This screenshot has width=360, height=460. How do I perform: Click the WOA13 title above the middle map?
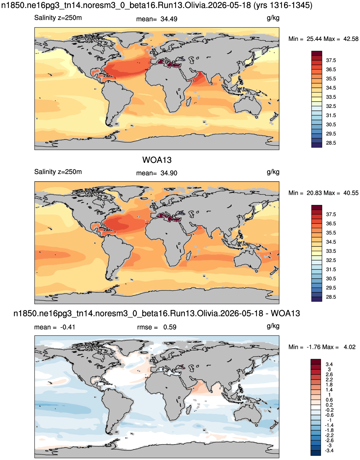(157, 160)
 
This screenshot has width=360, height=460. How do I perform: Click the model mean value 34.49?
(169, 19)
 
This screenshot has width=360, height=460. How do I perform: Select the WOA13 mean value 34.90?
(169, 173)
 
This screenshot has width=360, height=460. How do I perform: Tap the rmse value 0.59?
(170, 327)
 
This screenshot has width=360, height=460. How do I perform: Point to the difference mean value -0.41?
(67, 327)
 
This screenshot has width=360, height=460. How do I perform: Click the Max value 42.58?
(351, 39)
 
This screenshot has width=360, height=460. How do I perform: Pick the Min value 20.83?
(314, 193)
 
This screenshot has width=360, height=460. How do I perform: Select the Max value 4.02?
(349, 347)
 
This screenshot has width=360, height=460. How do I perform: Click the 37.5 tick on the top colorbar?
(331, 60)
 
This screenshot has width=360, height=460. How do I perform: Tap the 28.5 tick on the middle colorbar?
(331, 297)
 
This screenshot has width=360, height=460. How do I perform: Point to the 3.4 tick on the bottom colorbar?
(329, 364)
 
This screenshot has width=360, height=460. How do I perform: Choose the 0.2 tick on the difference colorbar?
(329, 405)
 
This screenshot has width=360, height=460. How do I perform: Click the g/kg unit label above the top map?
(273, 18)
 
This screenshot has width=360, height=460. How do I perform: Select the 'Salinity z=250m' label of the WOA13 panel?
(58, 172)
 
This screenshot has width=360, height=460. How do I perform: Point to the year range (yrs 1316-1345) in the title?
(283, 5)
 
